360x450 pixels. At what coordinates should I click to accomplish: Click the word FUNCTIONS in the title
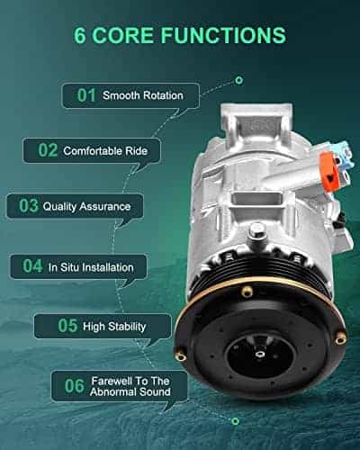(223, 35)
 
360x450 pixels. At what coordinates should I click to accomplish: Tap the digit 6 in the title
(80, 35)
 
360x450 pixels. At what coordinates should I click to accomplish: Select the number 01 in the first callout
(86, 95)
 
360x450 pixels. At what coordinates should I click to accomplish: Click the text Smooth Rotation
(143, 95)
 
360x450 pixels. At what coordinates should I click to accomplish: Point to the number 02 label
(48, 150)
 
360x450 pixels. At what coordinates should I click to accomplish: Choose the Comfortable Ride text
(105, 150)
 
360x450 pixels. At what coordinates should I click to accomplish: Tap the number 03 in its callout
(29, 206)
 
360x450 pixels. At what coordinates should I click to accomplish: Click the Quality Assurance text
(86, 206)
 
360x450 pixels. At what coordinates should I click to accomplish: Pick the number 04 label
(32, 266)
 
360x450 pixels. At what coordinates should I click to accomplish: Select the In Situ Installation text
(91, 267)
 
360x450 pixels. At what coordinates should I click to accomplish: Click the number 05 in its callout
(67, 326)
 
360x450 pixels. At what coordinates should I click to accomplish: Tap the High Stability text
(114, 327)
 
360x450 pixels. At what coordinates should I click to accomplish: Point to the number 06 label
(74, 386)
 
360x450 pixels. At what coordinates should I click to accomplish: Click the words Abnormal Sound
(130, 391)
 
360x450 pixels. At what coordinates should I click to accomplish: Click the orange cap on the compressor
(330, 169)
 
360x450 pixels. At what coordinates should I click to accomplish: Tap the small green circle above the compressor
(238, 80)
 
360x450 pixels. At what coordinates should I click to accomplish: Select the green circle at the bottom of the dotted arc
(236, 421)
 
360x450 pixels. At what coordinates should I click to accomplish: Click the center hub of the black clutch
(258, 355)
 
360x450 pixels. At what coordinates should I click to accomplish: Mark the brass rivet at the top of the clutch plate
(247, 291)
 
